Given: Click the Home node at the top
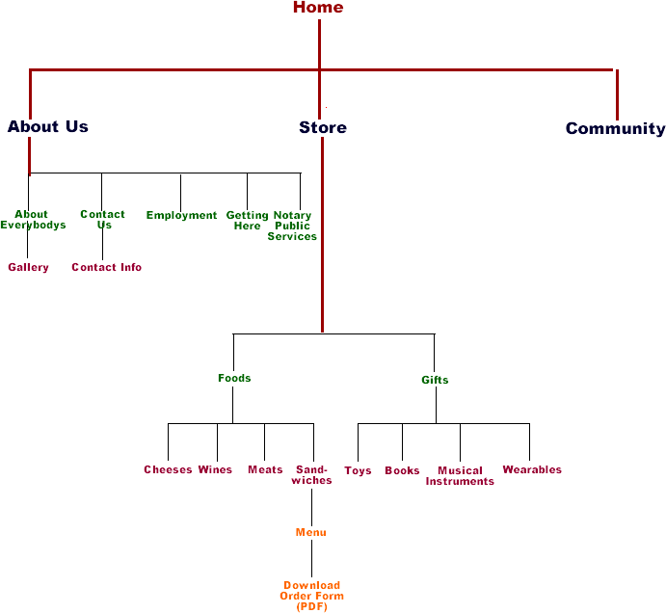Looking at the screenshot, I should [318, 8].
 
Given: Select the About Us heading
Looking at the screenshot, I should [47, 126].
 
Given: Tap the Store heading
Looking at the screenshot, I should [323, 127].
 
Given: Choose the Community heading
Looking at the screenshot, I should [615, 128].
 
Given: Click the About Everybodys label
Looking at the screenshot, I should [33, 220].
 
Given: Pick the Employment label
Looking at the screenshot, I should [181, 215].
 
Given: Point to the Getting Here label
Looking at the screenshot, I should [247, 220].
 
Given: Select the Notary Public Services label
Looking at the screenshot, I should [292, 226].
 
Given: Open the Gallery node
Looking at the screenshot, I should [28, 267].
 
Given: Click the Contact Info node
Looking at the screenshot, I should [106, 267].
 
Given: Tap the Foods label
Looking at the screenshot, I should [234, 378].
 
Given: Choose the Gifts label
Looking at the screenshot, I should [435, 380].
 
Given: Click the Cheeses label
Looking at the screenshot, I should [168, 470].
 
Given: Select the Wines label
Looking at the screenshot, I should [215, 470].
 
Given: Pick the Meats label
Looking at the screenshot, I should [265, 470].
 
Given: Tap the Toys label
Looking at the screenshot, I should [358, 471].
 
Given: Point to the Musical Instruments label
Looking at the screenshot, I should [460, 476].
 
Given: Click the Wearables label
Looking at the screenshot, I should [531, 470].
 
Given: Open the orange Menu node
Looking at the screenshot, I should [310, 532].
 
